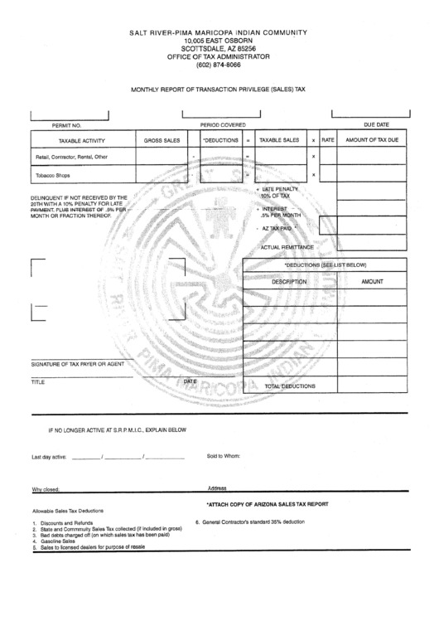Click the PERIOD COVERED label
223,124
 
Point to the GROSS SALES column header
162,141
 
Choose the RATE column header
328,141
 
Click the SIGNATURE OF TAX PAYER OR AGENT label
78,364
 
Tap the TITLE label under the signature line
38,383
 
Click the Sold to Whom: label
223,456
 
